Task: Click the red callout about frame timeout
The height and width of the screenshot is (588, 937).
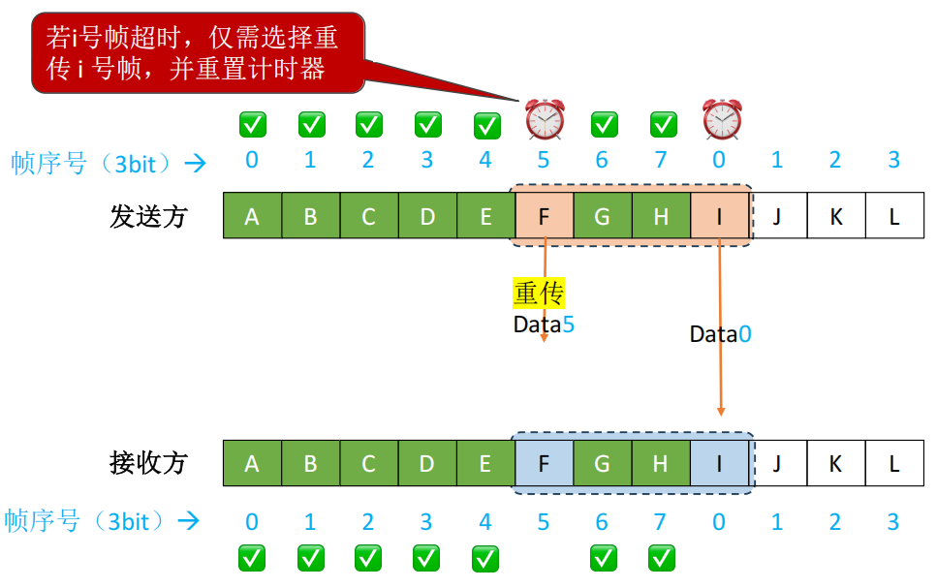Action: click(198, 52)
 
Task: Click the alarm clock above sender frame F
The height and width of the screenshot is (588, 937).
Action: click(545, 119)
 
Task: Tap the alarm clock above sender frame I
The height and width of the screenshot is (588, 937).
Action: click(722, 119)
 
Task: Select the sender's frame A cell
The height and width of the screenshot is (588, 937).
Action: click(252, 216)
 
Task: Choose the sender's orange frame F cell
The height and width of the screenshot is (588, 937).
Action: click(544, 216)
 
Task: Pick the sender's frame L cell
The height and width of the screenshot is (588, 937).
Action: click(894, 216)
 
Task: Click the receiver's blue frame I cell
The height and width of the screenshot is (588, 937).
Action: click(719, 463)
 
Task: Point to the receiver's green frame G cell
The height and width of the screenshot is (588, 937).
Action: click(602, 463)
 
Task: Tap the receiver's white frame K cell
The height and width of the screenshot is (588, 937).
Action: click(835, 463)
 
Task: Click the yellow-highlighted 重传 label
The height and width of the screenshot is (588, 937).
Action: click(539, 293)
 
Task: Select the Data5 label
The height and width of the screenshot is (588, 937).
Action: click(544, 325)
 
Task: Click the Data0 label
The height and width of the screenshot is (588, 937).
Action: click(720, 334)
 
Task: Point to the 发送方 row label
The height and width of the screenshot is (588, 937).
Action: click(148, 216)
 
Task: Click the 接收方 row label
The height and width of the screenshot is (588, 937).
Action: click(148, 463)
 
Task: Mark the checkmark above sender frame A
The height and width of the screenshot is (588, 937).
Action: click(253, 124)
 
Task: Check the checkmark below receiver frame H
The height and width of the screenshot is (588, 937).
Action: click(662, 558)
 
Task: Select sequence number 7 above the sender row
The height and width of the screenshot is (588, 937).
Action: click(661, 160)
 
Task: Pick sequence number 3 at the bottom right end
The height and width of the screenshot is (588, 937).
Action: click(894, 522)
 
